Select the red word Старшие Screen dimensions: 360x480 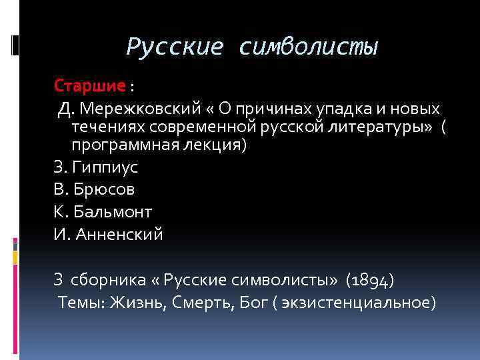pyautogui.click(x=90, y=86)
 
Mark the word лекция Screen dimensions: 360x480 pyautogui.click(x=218, y=145)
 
